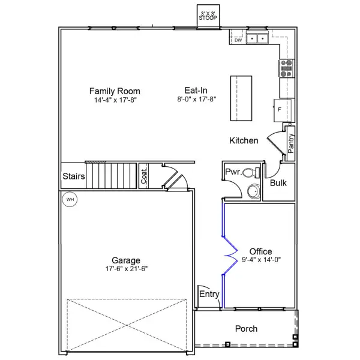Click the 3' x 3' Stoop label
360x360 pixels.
(208, 16)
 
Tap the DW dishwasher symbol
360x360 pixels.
(238, 40)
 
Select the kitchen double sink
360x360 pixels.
(258, 39)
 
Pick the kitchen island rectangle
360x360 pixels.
(241, 97)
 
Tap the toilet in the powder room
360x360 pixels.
(254, 173)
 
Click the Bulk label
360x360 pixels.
(278, 183)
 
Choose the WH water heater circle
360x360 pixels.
(70, 200)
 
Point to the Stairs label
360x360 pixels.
(73, 177)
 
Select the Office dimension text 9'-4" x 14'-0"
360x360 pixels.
(260, 260)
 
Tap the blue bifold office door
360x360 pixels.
(228, 255)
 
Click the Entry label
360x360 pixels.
(209, 294)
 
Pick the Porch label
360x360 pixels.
(246, 329)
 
